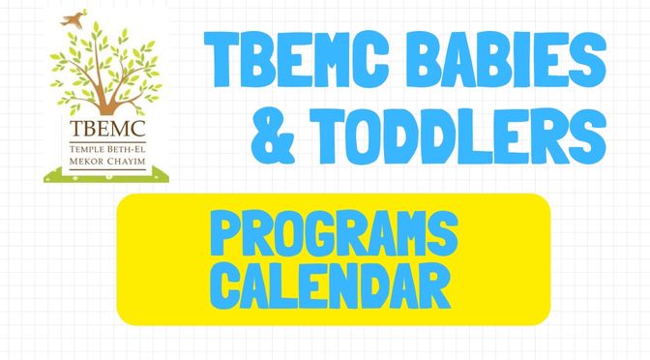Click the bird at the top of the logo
[70, 17]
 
